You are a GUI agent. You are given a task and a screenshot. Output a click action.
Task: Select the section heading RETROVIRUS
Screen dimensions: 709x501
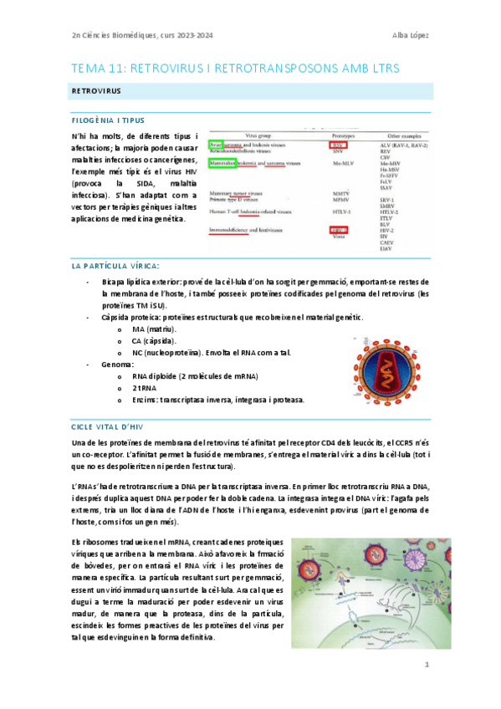point(94,89)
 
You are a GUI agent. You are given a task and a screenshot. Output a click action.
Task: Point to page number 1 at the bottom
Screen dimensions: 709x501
point(426,665)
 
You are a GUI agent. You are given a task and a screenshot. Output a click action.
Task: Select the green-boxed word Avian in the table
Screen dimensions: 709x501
point(217,144)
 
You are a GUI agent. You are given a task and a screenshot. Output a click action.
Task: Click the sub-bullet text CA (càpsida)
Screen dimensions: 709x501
point(154,340)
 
